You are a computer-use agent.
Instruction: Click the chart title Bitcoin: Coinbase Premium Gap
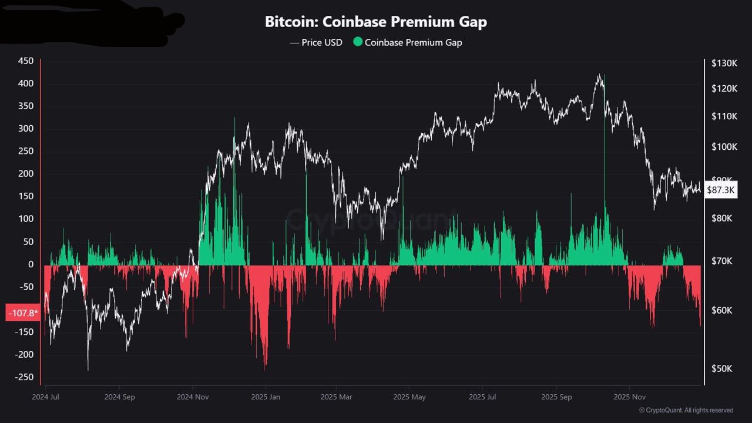(376, 22)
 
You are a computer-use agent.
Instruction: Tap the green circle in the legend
(358, 42)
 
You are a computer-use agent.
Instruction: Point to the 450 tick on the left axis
(26, 61)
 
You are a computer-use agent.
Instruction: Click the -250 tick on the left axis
(24, 377)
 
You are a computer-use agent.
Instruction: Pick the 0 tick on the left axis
(31, 264)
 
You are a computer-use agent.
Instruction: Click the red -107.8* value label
(22, 313)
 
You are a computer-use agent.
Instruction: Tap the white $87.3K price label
(720, 190)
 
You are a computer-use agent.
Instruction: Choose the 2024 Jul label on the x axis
(46, 397)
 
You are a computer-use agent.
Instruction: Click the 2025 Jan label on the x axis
(265, 397)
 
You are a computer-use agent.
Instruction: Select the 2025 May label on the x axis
(410, 397)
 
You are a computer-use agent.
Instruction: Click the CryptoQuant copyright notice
(686, 410)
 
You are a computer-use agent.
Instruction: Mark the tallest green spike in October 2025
(603, 79)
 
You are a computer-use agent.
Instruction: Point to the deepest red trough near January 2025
(266, 367)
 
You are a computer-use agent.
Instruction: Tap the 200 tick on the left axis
(26, 174)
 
